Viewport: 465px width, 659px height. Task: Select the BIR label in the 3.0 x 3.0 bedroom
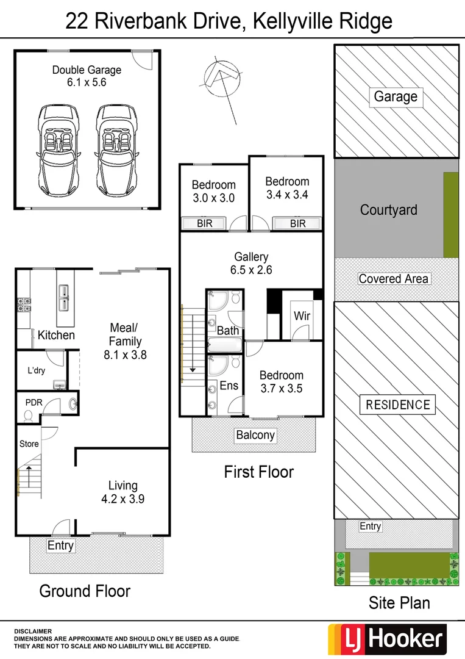pos(205,224)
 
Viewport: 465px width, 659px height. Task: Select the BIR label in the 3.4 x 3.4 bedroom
pos(297,224)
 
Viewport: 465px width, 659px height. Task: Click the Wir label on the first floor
pos(302,316)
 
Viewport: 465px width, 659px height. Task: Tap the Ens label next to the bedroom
pos(229,386)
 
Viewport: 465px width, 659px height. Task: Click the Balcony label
pos(255,435)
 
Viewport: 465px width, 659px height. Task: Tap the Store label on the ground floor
pos(29,444)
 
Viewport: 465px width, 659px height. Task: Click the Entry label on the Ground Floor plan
pos(60,546)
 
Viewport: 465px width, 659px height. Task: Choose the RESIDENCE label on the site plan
pos(397,405)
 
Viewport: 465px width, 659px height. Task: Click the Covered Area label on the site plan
pos(394,279)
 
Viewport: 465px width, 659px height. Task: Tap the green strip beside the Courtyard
pos(450,215)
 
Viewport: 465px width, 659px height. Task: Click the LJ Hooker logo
pos(387,638)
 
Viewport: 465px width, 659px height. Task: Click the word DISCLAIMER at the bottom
pos(33,631)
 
